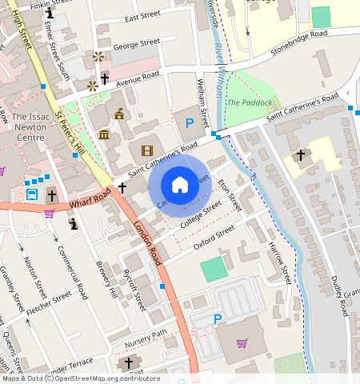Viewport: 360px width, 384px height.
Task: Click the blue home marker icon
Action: [x=180, y=185]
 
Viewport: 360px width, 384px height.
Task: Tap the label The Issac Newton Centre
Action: [x=30, y=127]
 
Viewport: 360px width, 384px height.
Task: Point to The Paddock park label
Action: [x=249, y=103]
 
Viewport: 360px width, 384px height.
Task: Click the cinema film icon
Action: [x=146, y=150]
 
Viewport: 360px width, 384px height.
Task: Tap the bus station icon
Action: [x=32, y=194]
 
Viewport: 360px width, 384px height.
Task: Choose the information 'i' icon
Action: [x=50, y=14]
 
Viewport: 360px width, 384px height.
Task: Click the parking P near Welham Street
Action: [x=190, y=123]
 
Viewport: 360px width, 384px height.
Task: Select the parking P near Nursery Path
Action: [x=217, y=319]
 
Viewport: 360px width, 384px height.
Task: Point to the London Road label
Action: [x=149, y=242]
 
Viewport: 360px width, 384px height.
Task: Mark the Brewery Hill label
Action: [x=106, y=281]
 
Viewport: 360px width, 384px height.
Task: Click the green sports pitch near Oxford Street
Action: [x=214, y=269]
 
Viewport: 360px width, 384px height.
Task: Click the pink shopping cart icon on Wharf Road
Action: [x=49, y=213]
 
